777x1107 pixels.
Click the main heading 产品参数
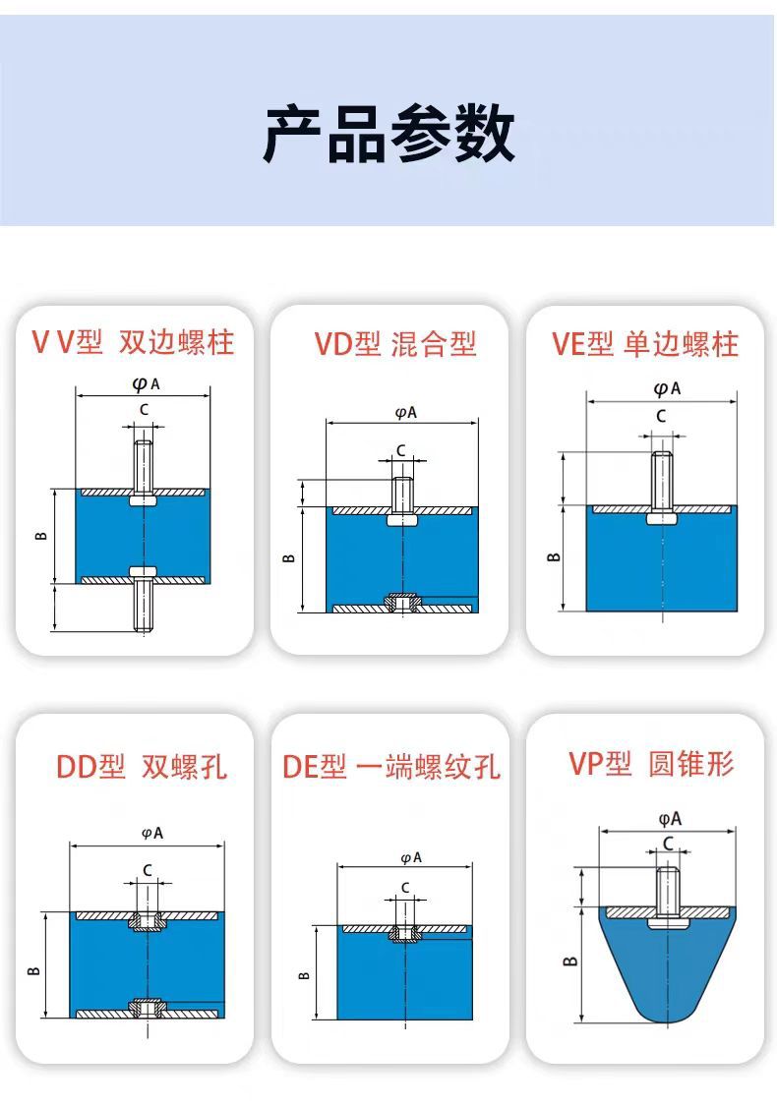click(388, 135)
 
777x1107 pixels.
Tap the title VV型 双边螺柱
click(134, 342)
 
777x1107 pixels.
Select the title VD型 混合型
click(394, 344)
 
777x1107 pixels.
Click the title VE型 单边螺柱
click(644, 344)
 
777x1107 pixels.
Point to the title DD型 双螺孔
click(141, 767)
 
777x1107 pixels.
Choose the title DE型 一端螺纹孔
click(390, 767)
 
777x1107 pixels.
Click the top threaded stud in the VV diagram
click(144, 466)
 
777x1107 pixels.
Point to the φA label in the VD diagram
click(405, 413)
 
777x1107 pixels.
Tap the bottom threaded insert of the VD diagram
click(401, 602)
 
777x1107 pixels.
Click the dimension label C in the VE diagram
click(661, 416)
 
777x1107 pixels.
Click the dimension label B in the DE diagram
click(304, 975)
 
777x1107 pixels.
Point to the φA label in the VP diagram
click(670, 818)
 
